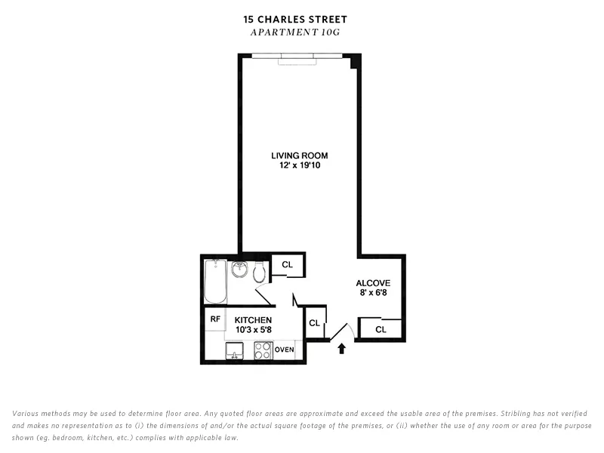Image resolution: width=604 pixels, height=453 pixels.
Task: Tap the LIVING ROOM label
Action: click(300, 156)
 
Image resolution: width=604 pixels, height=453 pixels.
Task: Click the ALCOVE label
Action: click(373, 284)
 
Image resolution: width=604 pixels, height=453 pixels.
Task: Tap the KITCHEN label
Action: click(252, 320)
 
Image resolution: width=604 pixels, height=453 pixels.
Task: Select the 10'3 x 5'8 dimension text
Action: click(252, 330)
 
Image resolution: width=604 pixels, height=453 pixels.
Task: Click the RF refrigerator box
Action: click(215, 319)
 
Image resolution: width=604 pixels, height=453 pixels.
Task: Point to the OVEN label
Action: click(285, 350)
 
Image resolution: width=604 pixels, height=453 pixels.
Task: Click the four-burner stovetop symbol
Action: click(263, 350)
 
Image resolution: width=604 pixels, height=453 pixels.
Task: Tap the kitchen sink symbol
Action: click(234, 350)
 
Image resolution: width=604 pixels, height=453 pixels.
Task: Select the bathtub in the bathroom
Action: click(215, 281)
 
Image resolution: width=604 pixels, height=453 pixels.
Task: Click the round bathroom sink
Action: click(239, 270)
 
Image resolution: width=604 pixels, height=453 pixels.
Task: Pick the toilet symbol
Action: click(259, 272)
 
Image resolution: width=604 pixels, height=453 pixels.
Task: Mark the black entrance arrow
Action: click(341, 349)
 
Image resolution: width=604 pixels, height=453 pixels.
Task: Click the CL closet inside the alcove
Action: click(381, 329)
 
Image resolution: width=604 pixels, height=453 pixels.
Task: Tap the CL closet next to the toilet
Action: click(287, 265)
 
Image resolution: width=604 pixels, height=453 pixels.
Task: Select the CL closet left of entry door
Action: click(314, 323)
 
